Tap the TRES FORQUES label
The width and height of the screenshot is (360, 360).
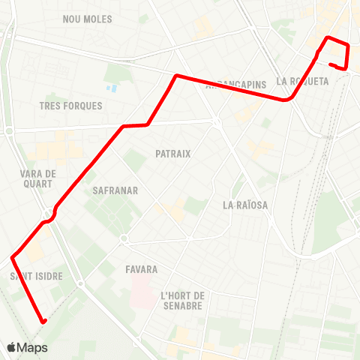click(x=70, y=106)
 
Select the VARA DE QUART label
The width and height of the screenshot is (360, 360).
click(x=37, y=178)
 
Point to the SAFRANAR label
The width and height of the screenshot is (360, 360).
click(x=115, y=190)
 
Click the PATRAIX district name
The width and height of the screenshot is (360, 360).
click(x=173, y=154)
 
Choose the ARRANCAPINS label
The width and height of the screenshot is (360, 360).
click(x=235, y=85)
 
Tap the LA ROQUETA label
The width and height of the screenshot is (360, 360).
click(x=302, y=81)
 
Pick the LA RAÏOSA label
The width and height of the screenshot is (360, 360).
click(x=245, y=205)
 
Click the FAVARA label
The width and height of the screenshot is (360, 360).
click(x=142, y=268)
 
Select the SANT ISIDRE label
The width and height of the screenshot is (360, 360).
click(x=36, y=277)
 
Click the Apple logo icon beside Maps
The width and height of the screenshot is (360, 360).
click(x=12, y=347)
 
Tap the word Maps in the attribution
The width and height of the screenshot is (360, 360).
click(x=33, y=348)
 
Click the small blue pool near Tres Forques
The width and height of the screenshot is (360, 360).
click(x=112, y=88)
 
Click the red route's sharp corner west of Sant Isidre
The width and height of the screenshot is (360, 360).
click(x=13, y=258)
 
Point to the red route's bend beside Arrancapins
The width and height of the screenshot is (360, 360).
click(x=176, y=76)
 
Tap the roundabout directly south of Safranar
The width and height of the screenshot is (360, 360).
click(x=124, y=239)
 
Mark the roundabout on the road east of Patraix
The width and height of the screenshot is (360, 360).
click(x=216, y=122)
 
